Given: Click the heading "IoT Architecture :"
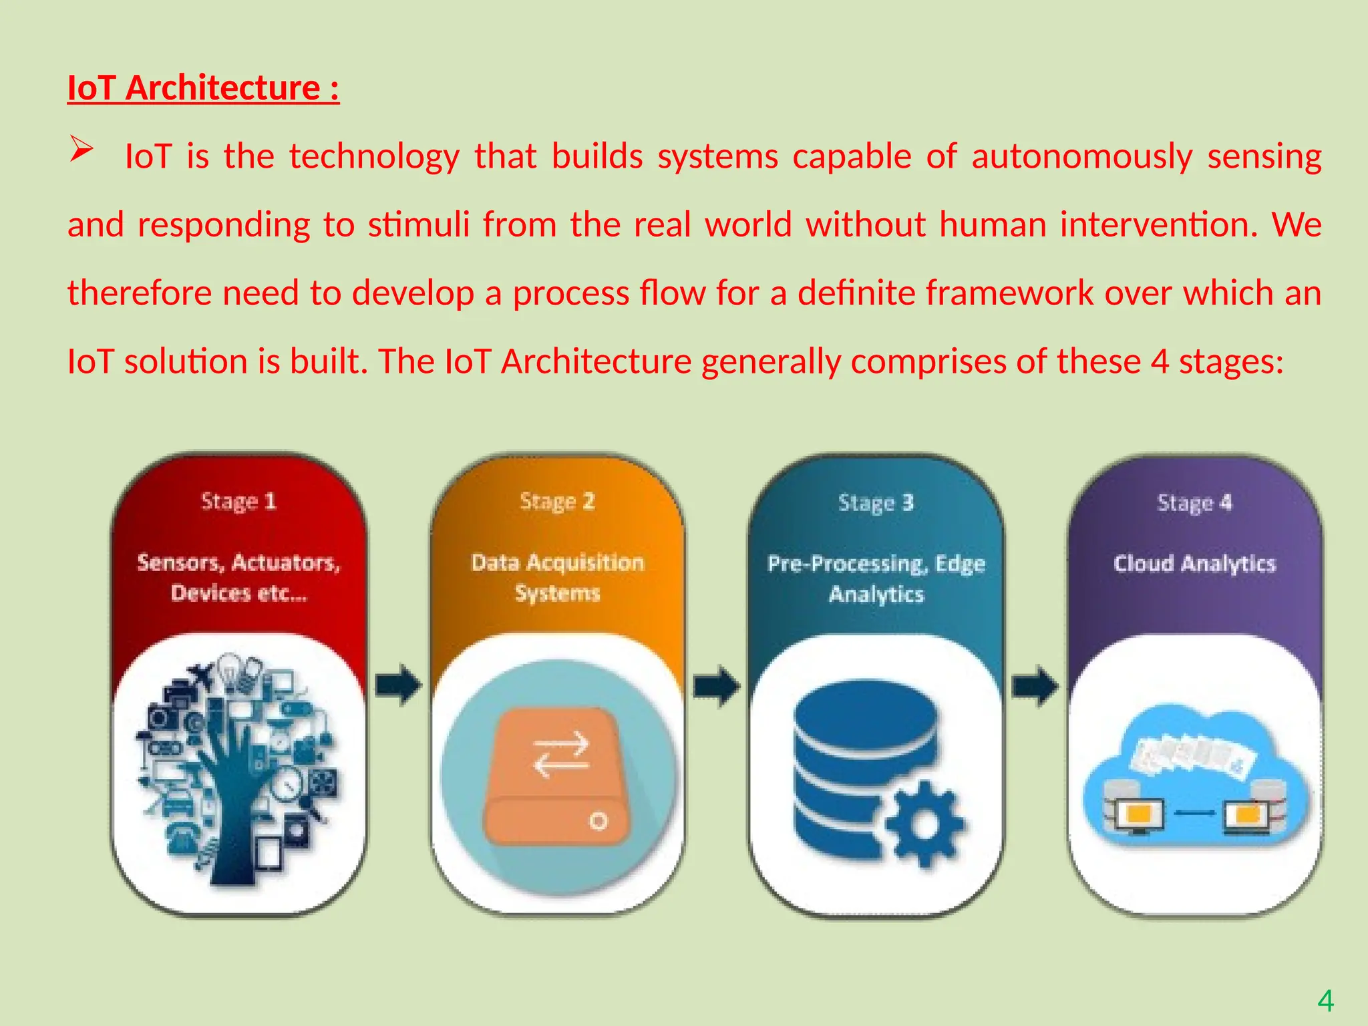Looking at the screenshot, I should pyautogui.click(x=203, y=88).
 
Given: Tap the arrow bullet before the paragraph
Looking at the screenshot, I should pyautogui.click(x=81, y=149).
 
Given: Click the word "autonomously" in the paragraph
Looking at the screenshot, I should pyautogui.click(x=1081, y=157).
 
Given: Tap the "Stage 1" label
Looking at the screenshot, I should pyautogui.click(x=238, y=501).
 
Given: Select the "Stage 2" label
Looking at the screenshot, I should pyautogui.click(x=557, y=501).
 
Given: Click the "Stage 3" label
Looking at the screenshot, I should pyautogui.click(x=876, y=502).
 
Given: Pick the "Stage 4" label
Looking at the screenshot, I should pyautogui.click(x=1194, y=502).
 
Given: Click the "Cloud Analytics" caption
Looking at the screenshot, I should pyautogui.click(x=1194, y=564).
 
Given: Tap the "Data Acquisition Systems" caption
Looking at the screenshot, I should pyautogui.click(x=557, y=577).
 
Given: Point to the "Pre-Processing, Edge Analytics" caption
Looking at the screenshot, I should pyautogui.click(x=876, y=578).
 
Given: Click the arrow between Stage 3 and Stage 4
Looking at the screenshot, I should pyautogui.click(x=1035, y=685).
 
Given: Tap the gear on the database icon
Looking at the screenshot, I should pyautogui.click(x=925, y=823).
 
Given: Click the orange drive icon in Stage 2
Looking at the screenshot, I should pyautogui.click(x=557, y=776).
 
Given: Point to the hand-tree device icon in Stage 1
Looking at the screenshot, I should pyautogui.click(x=238, y=768).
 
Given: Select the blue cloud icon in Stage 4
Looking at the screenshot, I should pyautogui.click(x=1194, y=775).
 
